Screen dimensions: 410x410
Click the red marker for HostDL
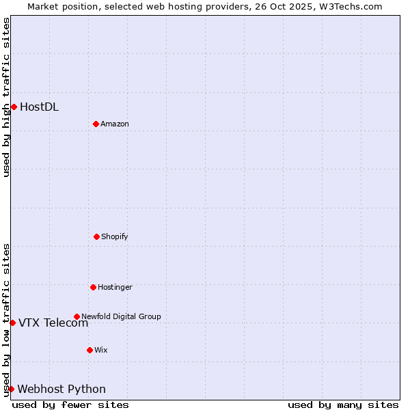[x=14, y=107]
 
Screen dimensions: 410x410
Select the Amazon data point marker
[x=96, y=124]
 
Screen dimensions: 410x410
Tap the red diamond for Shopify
[x=96, y=236]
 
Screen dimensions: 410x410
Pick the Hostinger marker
[x=93, y=287]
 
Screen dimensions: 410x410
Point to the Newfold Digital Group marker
[x=77, y=316]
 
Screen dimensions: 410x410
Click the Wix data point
[x=90, y=350]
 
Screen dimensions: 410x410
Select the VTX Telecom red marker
[x=12, y=323]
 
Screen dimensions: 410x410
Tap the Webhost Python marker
[x=11, y=389]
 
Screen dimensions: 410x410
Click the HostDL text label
[x=39, y=107]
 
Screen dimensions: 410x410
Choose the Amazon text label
[x=115, y=124]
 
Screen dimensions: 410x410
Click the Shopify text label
[x=115, y=236]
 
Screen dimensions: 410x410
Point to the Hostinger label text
[x=115, y=287]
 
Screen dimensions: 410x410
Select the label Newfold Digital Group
[x=121, y=316]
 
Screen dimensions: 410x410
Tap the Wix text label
[x=101, y=350]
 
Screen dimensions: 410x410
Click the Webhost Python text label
[x=61, y=389]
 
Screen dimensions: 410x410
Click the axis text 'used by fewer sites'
[x=70, y=405]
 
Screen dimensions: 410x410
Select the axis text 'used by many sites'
[x=343, y=405]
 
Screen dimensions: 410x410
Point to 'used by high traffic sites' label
[x=6, y=97]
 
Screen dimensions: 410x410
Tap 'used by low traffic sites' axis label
[x=6, y=320]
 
